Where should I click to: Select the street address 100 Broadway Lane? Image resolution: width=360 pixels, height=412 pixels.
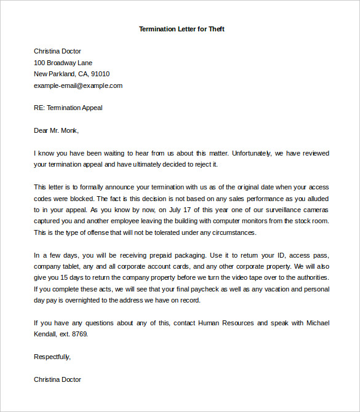63,63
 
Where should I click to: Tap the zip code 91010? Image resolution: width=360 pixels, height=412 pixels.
100,74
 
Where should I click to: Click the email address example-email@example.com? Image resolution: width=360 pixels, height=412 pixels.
78,85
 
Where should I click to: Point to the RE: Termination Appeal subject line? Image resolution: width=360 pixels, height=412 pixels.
68,108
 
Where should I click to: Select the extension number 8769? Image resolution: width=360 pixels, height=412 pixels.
79,334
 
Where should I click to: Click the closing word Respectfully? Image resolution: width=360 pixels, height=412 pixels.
52,357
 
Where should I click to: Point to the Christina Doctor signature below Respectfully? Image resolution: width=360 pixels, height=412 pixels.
57,379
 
